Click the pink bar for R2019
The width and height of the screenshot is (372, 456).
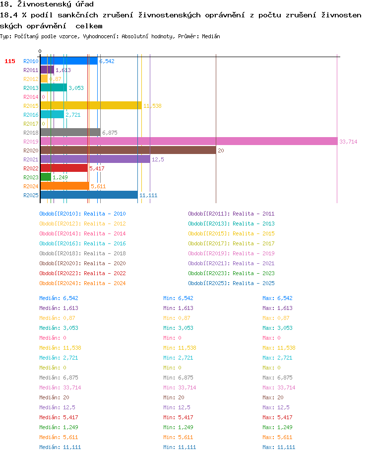189,142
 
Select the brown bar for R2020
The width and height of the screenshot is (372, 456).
128,151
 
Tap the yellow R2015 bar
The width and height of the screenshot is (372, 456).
91,106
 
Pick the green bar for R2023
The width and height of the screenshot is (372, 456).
46,177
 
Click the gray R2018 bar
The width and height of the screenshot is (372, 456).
70,132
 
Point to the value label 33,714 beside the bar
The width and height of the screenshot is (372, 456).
348,142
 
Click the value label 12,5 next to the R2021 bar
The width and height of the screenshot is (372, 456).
158,159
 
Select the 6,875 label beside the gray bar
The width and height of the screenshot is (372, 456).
110,133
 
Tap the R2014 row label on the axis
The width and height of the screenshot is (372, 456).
31,97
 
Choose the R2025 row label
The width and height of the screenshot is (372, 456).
31,195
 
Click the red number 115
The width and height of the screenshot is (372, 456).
10,61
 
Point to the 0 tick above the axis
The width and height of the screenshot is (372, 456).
40,51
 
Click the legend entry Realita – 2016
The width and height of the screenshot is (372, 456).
105,243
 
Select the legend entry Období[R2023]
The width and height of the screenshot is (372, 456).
209,273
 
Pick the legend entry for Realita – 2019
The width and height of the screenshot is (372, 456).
253,253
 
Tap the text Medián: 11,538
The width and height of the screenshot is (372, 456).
60,348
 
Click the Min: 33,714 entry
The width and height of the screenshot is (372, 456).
180,387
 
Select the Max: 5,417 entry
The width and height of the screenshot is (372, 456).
277,417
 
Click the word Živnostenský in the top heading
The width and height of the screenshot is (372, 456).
44,4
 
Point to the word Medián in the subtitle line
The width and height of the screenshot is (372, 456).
211,36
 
